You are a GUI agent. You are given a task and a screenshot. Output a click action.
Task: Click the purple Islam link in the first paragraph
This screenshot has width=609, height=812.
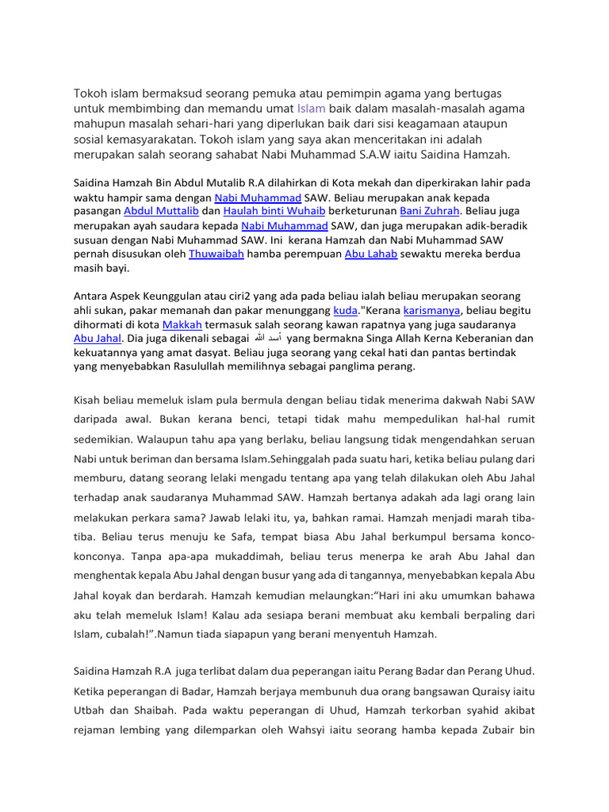coord(311,109)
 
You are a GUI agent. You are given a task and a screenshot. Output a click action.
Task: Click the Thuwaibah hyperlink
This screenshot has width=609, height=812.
coord(216,254)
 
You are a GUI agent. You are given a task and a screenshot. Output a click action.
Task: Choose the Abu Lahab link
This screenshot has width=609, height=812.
coord(370,254)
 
